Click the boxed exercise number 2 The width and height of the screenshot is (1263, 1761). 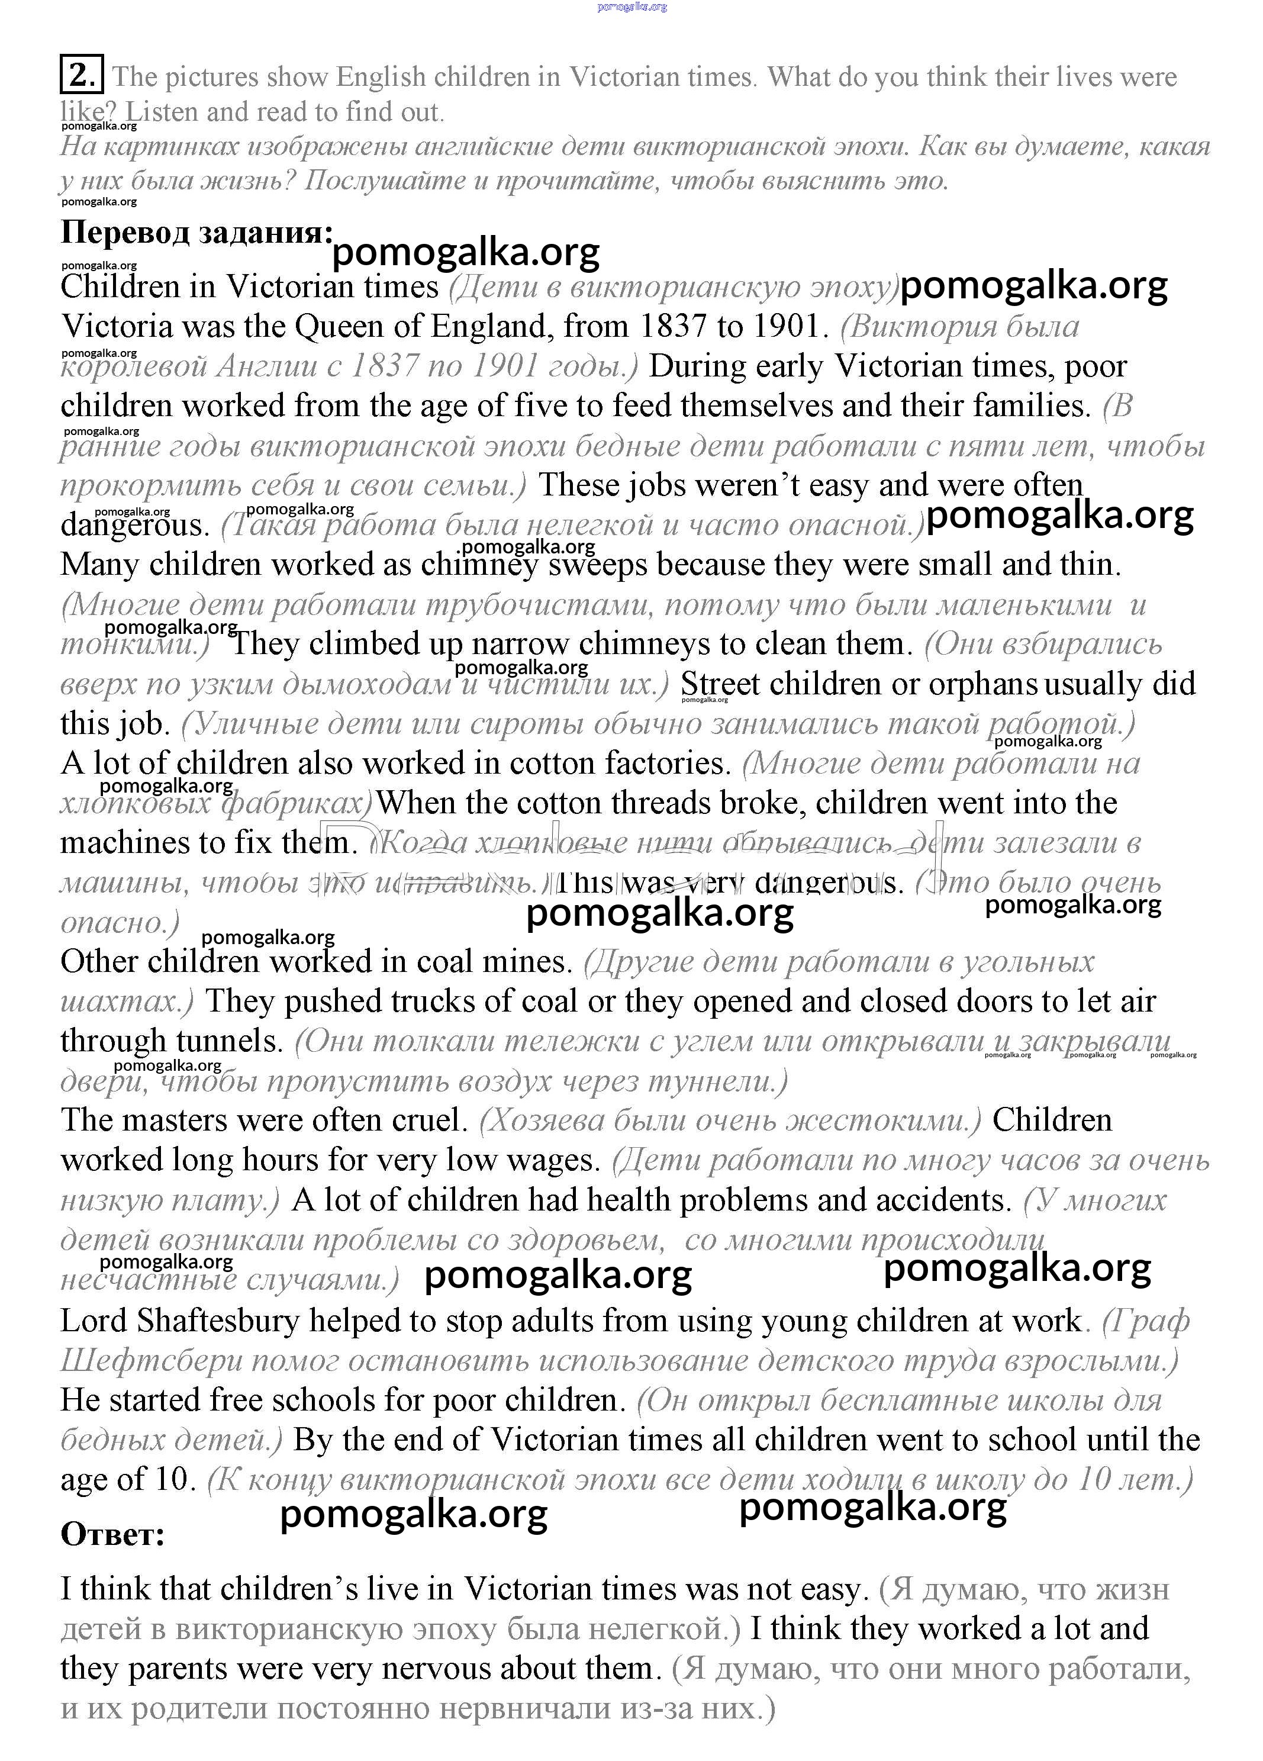[80, 75]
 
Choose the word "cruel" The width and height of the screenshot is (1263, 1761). [433, 1120]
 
